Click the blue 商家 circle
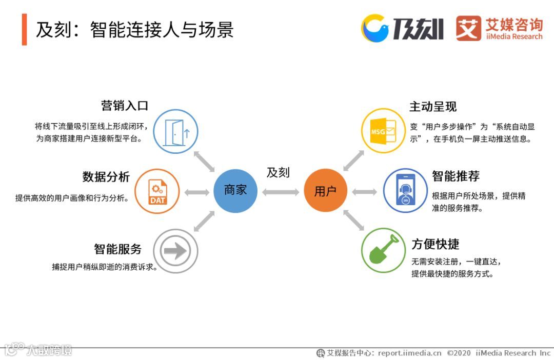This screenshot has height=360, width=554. (235, 190)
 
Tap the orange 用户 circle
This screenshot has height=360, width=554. (325, 191)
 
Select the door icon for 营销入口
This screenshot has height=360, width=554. (176, 131)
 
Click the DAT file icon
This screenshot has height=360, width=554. (157, 191)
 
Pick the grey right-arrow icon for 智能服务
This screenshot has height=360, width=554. (175, 251)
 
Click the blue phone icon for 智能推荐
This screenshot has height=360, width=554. (405, 191)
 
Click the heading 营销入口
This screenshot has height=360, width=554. (125, 106)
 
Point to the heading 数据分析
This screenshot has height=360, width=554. (106, 177)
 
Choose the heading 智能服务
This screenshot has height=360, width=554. (117, 249)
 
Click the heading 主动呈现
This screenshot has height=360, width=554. (433, 107)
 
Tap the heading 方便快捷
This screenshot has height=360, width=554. (436, 244)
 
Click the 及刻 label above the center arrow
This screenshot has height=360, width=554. (278, 173)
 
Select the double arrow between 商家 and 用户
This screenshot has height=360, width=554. (280, 192)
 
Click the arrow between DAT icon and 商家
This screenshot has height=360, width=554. (196, 192)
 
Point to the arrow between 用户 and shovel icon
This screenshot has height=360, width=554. (353, 219)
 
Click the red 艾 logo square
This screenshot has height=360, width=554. (468, 28)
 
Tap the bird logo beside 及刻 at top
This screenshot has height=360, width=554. (376, 28)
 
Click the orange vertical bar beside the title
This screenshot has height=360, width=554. (24, 30)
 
